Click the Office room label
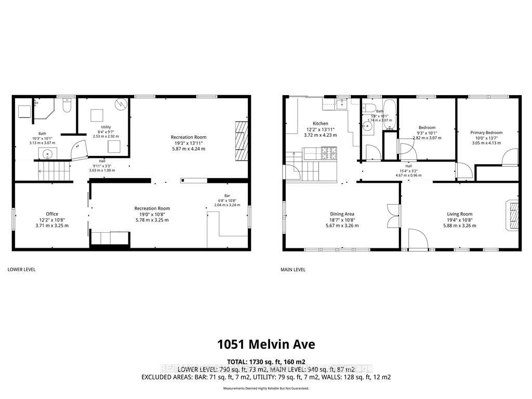pos(52,214)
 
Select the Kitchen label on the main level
pos(321,124)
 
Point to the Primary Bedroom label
pos(487,132)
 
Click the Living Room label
pos(459,214)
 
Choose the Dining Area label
pos(342,214)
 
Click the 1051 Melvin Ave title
pos(266,344)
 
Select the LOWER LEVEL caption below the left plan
pos(21,270)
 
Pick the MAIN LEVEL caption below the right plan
pos(292,270)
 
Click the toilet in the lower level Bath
pos(66,106)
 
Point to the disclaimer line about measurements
pos(266,389)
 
